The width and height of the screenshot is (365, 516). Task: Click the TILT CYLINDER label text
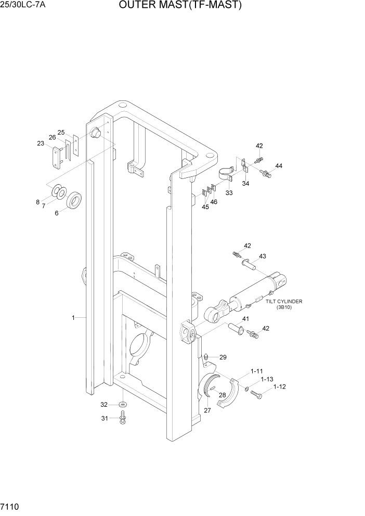[284, 301]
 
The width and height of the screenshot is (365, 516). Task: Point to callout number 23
[41, 144]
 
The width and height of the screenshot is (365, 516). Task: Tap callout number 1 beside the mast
[73, 317]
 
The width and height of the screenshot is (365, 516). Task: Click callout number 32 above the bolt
[104, 404]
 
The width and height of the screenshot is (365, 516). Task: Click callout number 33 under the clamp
[229, 192]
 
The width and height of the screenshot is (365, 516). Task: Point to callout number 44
[279, 166]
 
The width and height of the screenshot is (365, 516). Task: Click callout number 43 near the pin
[262, 256]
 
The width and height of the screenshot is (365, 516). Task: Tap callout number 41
[245, 319]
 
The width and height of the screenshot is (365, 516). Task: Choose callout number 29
[223, 357]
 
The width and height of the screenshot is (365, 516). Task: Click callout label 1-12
[279, 386]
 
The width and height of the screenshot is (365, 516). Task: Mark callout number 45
[205, 207]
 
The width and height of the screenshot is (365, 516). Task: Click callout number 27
[207, 410]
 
